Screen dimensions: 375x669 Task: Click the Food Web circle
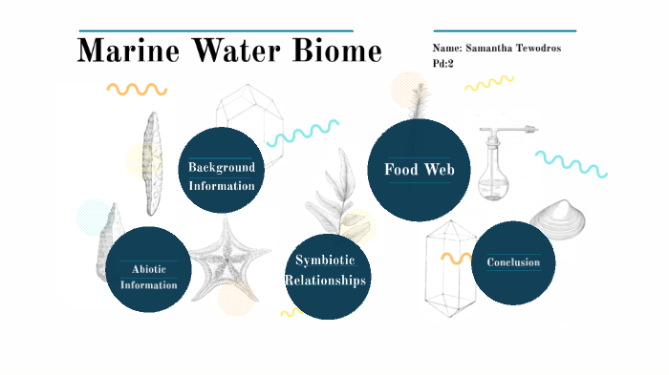(419, 170)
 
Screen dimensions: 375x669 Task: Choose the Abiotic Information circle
(148, 270)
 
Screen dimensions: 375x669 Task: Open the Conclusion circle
(513, 262)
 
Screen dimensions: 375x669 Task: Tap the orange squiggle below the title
(136, 89)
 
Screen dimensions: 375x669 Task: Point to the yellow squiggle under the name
(488, 84)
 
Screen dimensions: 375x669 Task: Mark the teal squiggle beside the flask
(571, 163)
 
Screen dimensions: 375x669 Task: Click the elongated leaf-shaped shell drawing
(151, 163)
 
